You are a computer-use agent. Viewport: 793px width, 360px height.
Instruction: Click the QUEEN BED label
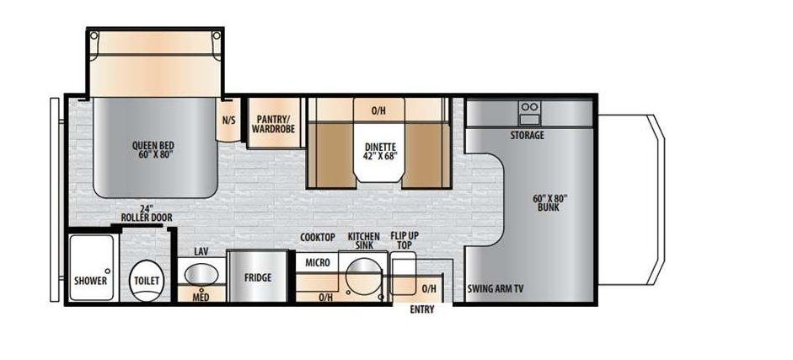(153, 148)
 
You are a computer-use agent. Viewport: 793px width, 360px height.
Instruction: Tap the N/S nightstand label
(229, 120)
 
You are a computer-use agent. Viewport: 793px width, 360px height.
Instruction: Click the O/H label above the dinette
(379, 110)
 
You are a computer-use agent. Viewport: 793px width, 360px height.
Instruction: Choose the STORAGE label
(527, 135)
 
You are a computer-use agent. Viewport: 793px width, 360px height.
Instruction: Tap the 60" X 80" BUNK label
(550, 202)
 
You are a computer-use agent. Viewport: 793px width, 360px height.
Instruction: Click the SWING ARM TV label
(496, 288)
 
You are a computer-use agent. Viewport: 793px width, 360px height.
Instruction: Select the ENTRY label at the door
(422, 309)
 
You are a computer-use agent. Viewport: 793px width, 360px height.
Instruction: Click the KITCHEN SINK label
(363, 242)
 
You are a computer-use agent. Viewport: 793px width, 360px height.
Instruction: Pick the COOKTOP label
(318, 237)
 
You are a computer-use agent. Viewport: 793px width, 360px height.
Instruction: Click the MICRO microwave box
(317, 263)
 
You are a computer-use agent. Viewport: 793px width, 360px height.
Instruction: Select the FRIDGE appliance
(256, 277)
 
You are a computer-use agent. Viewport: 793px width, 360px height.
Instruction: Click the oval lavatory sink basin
(201, 274)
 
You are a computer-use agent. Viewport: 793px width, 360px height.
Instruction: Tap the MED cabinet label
(201, 296)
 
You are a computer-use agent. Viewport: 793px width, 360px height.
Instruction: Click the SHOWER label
(90, 281)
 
